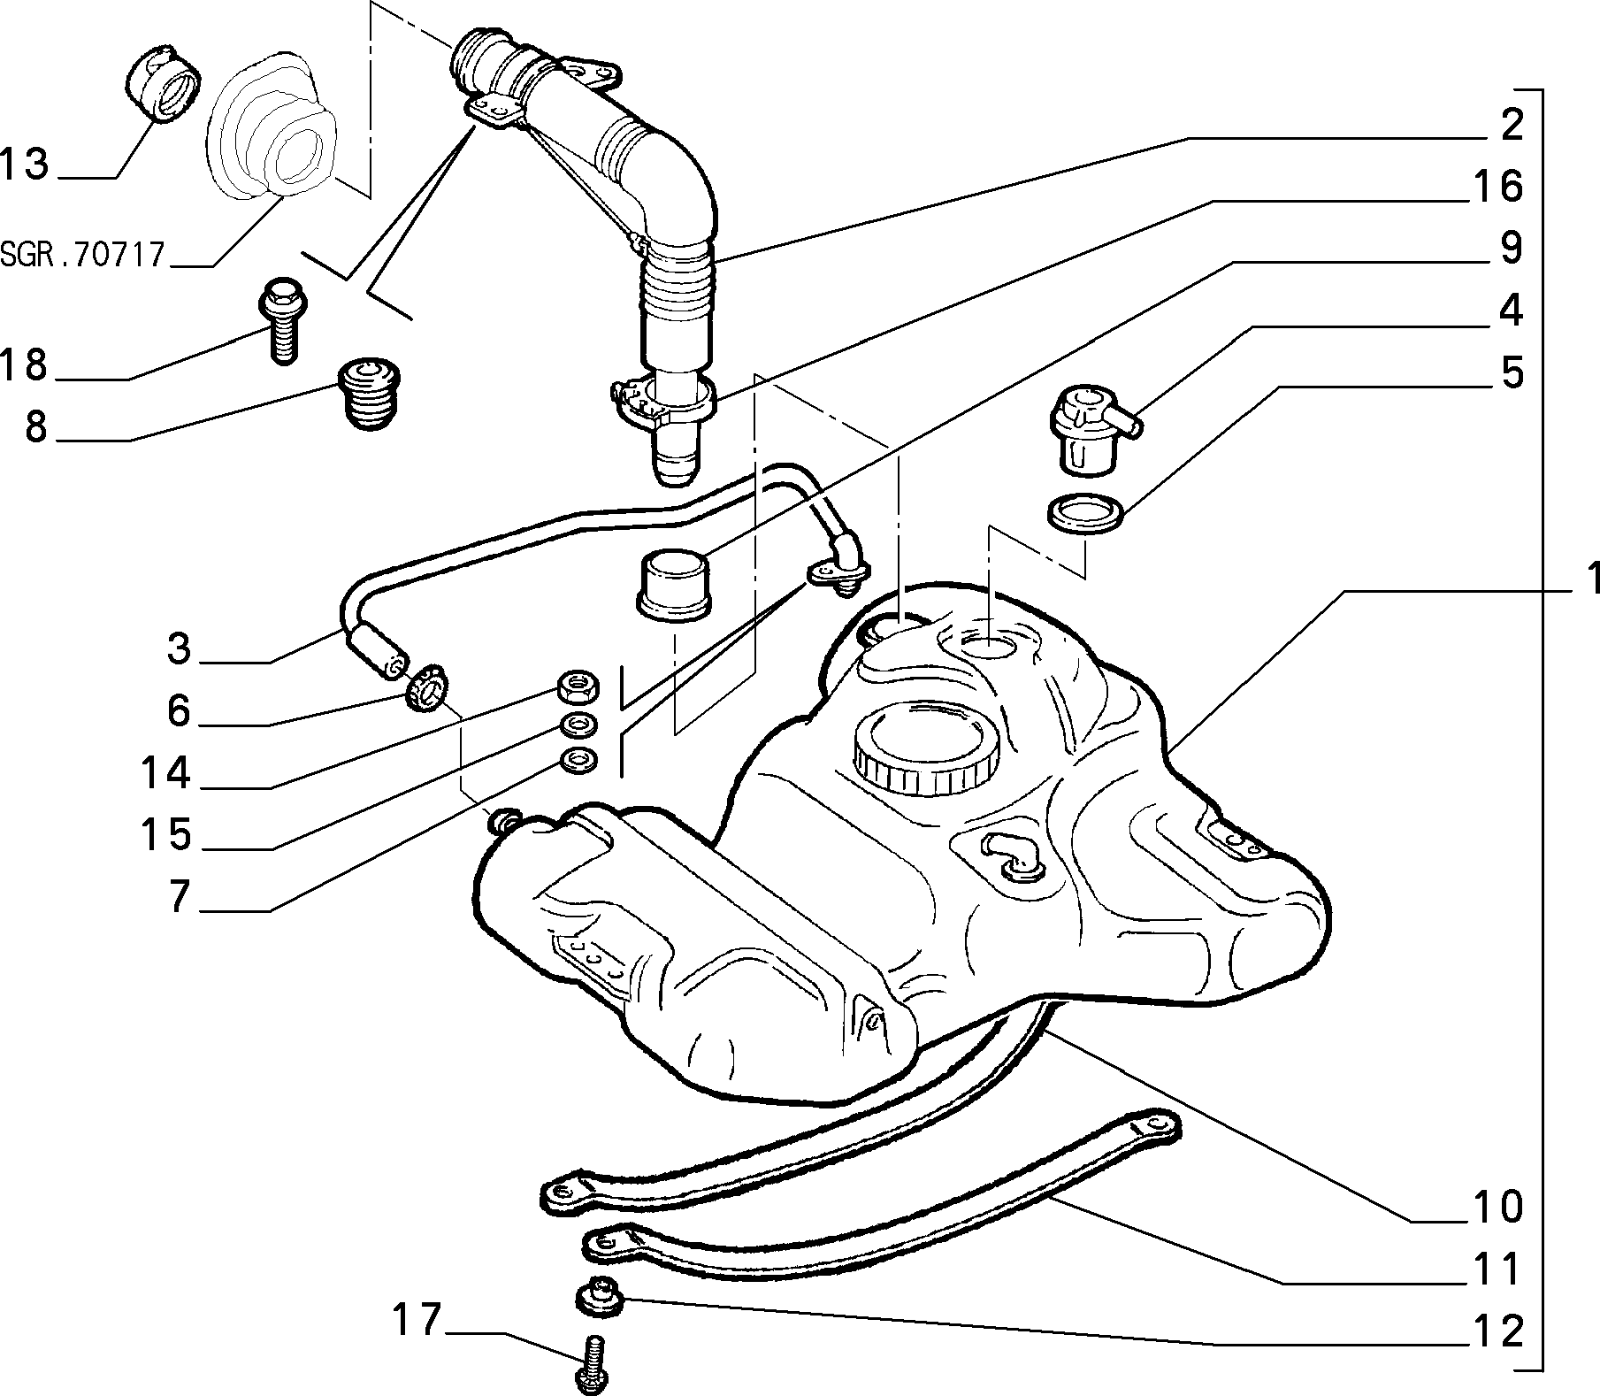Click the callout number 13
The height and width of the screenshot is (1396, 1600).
pyautogui.click(x=25, y=164)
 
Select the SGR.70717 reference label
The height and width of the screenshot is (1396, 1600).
pyautogui.click(x=83, y=255)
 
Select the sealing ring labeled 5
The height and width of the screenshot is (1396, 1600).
pyautogui.click(x=1085, y=514)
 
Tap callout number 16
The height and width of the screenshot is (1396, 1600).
pyautogui.click(x=1498, y=187)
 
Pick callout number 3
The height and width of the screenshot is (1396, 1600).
pyautogui.click(x=179, y=648)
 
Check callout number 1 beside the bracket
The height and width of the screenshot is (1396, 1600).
pyautogui.click(x=1589, y=579)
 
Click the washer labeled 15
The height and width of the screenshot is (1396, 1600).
pyautogui.click(x=578, y=724)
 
